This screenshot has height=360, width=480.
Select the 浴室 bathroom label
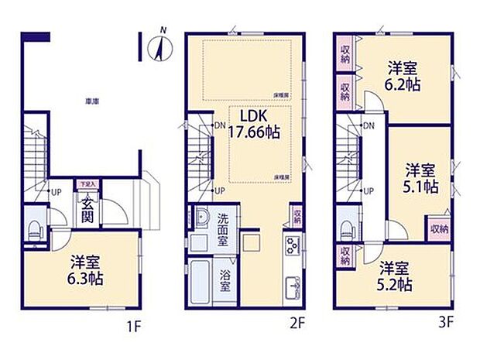[225, 279]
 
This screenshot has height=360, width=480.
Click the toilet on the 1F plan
[33, 228]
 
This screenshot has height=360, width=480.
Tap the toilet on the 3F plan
[345, 228]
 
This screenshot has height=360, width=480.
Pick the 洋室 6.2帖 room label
[403, 76]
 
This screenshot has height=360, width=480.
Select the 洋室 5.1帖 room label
[421, 177]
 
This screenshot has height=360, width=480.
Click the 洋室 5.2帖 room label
[394, 276]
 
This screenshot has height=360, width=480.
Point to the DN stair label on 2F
[220, 125]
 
